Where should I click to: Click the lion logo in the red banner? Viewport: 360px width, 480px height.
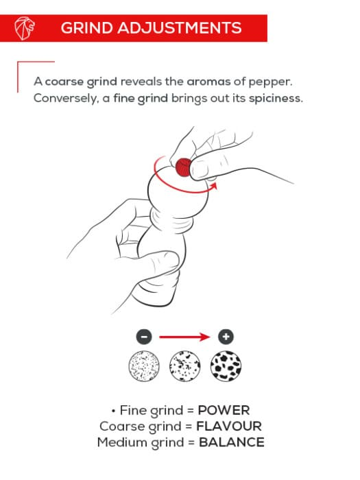click(25, 28)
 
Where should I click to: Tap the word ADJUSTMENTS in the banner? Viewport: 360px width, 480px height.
click(180, 28)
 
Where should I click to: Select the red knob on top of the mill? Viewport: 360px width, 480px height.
click(183, 167)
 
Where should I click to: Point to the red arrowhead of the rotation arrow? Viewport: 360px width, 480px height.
click(214, 186)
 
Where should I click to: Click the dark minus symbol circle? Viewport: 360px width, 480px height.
click(144, 337)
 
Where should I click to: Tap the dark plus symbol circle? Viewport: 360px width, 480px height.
click(226, 337)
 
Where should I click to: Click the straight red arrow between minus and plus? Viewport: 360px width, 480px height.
click(184, 337)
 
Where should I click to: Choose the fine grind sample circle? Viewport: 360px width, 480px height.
click(144, 366)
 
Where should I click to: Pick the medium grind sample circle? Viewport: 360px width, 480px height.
click(185, 366)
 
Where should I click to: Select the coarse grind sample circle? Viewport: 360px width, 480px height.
click(226, 366)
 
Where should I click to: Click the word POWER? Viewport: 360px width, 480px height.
click(224, 411)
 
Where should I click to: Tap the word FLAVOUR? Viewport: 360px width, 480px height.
click(229, 427)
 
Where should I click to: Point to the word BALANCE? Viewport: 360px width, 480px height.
click(232, 442)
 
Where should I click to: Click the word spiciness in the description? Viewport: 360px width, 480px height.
click(276, 99)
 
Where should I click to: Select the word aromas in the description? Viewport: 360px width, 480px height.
click(208, 82)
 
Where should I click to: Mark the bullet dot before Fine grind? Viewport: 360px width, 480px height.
click(113, 411)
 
